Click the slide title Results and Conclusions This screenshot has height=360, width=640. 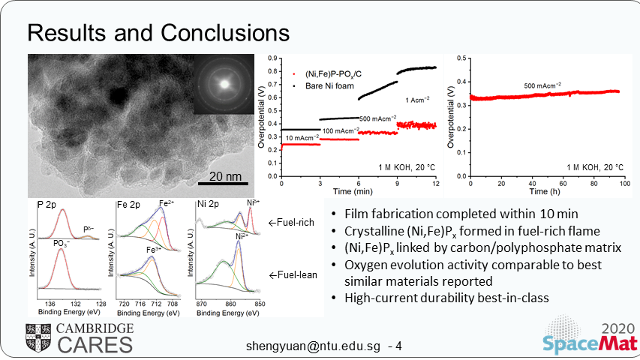point(157,33)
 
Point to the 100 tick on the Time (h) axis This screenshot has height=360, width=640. point(618,184)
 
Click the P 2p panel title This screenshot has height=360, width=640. point(50,204)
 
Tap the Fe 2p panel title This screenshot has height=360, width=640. point(131,204)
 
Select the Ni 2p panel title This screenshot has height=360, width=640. point(208,204)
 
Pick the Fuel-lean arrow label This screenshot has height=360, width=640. point(293,274)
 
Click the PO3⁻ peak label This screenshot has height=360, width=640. point(62,243)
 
